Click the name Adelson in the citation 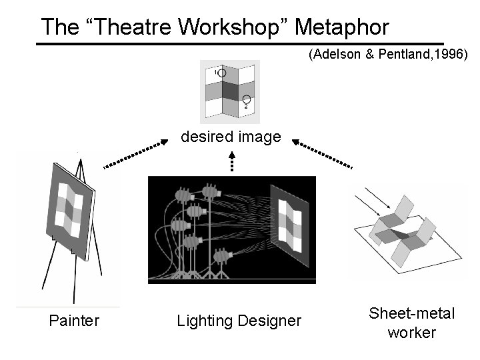pos(339,55)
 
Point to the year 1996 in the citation pos(451,55)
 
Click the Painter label pos(75,321)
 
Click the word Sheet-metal pos(411,313)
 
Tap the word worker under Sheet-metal pos(411,332)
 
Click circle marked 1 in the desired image pos(222,73)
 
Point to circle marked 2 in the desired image pos(246,99)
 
